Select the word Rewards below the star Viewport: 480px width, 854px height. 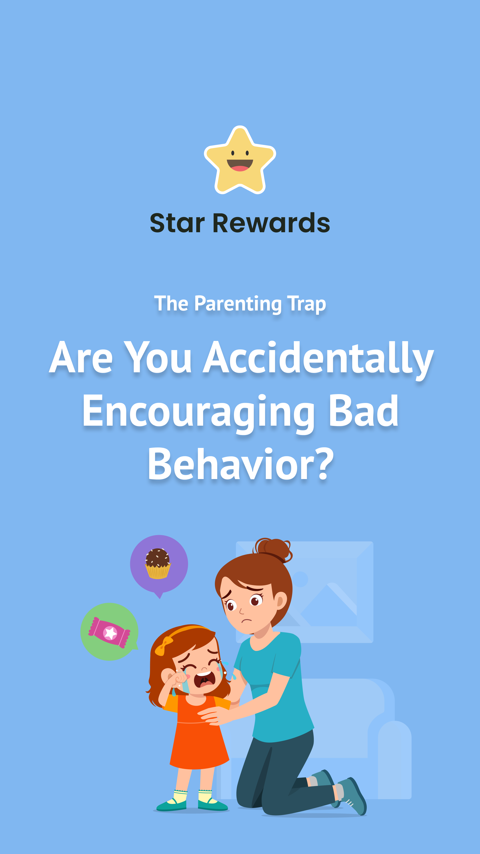271,223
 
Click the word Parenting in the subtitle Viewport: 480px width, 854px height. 238,304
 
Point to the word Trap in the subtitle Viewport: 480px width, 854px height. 306,304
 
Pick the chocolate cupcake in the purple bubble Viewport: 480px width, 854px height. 158,564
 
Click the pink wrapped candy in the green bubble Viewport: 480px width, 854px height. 109,632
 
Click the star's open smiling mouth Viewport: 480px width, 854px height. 240,165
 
